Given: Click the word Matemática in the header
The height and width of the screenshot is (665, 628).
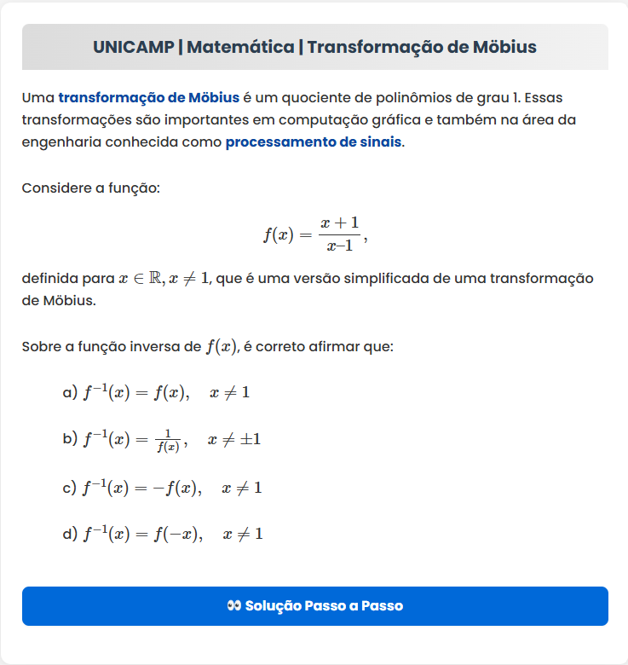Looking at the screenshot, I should (x=240, y=47).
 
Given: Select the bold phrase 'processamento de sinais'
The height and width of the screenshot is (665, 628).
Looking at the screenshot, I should (x=313, y=142).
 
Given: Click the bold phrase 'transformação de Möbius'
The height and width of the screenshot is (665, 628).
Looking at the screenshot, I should (x=148, y=97).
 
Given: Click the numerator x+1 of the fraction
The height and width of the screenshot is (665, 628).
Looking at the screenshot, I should (x=339, y=223).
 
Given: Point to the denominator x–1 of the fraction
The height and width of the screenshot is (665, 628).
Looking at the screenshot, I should (x=339, y=246).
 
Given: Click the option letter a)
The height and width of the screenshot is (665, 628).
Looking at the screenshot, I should (x=70, y=393).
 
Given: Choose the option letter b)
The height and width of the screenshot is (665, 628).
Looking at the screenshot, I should (x=70, y=440).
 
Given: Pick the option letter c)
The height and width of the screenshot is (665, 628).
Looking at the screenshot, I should (x=70, y=489).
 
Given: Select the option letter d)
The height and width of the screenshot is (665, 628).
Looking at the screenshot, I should (x=70, y=535).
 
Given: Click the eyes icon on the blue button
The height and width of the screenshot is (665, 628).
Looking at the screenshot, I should (x=234, y=606).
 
